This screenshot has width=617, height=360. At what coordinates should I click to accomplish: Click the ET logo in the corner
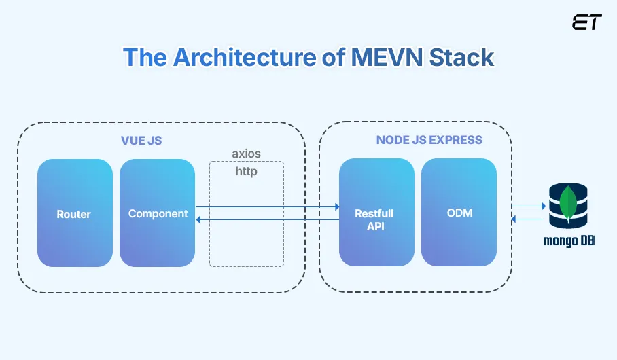tap(586, 22)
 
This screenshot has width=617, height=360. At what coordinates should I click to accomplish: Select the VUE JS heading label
tap(141, 141)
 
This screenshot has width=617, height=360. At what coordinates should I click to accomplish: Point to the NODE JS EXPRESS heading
tap(429, 140)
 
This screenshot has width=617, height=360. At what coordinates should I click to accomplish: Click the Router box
tap(75, 213)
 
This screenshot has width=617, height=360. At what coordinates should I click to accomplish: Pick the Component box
tap(158, 213)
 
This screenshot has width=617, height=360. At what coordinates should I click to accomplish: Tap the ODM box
tap(459, 213)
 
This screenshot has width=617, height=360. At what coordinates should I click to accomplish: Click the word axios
tap(246, 154)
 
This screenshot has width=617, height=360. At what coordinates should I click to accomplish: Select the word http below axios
tap(246, 171)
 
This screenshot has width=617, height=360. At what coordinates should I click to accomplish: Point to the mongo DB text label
tap(569, 240)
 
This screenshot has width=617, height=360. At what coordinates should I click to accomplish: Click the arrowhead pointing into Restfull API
tap(336, 206)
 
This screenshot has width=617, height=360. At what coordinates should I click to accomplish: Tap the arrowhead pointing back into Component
tap(198, 219)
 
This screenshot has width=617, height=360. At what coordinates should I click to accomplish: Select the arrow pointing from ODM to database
tap(528, 206)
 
